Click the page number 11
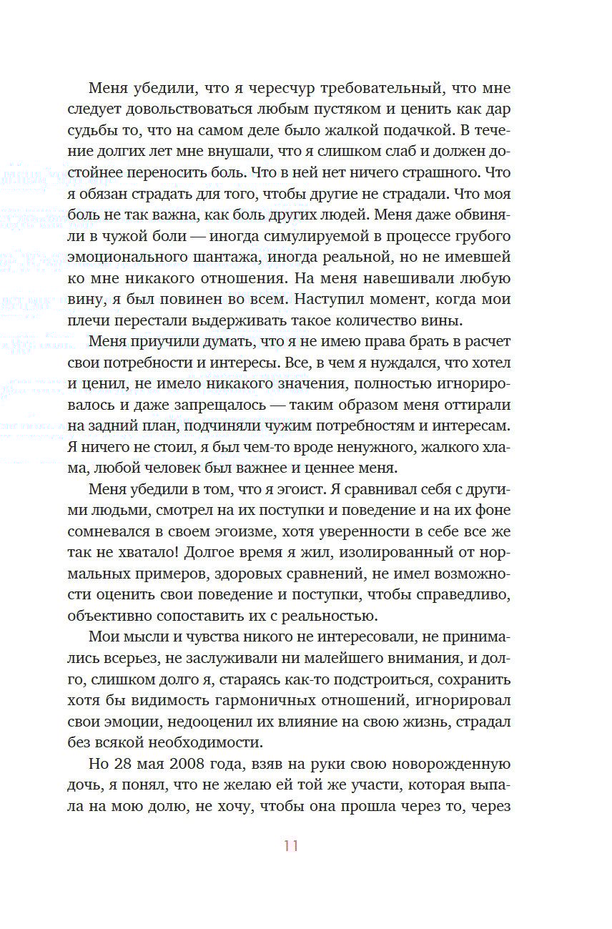click(x=290, y=845)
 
